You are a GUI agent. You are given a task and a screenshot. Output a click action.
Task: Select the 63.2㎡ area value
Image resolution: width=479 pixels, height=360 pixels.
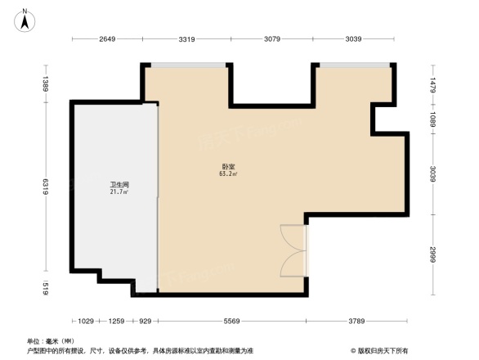click(x=227, y=174)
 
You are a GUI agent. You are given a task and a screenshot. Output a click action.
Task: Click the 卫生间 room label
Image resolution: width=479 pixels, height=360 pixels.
click(x=119, y=185)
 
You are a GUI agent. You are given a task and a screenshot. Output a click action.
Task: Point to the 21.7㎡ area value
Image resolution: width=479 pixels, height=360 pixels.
click(x=119, y=192)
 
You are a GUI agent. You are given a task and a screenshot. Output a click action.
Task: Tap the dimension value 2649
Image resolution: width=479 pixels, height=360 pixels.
click(x=108, y=39)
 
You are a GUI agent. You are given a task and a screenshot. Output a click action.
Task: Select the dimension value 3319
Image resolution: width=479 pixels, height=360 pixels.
click(x=188, y=39)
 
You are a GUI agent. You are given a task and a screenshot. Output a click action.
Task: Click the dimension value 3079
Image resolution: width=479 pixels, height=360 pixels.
click(x=272, y=39)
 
